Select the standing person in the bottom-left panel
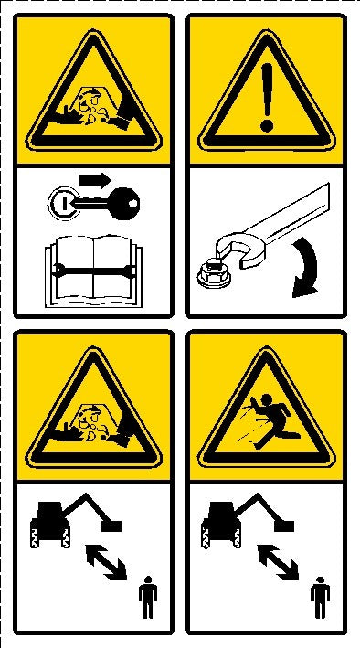[147, 600]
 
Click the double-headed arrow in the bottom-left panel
[106, 561]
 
